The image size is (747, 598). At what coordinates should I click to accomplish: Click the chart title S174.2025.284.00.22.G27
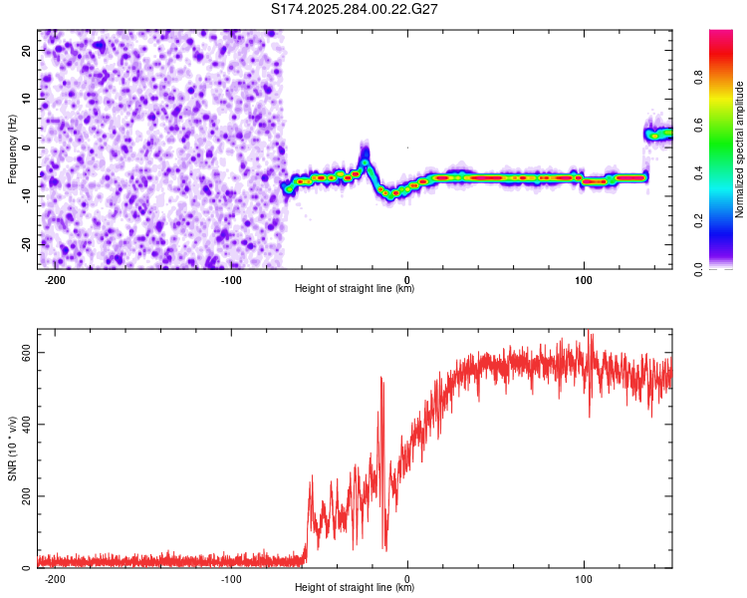pos(355,9)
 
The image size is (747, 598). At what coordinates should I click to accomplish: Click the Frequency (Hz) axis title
pos(12,149)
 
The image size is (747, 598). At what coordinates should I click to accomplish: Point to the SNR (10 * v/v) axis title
pos(12,448)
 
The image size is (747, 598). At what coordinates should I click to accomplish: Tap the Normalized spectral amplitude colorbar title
pos(740,149)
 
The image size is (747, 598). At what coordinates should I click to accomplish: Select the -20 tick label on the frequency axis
pos(25,244)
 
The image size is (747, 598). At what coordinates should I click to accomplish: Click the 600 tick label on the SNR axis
pos(22,353)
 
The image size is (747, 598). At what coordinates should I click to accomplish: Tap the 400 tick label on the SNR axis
pos(22,425)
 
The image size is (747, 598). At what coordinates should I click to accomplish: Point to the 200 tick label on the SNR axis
pos(22,496)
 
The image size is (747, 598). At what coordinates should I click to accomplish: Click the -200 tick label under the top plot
pos(56,280)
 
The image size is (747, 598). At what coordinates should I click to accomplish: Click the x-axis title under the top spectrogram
pos(355,289)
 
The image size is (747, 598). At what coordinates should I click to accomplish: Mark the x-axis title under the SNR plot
pos(355,588)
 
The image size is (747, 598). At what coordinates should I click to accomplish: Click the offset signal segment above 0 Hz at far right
pos(658,134)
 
